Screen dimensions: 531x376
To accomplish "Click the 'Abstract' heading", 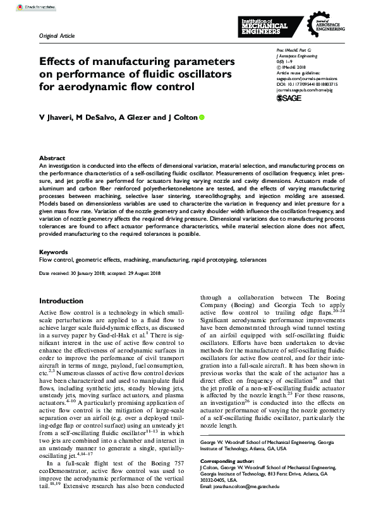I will [52, 158].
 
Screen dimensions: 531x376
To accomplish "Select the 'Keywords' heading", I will [54, 252].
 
